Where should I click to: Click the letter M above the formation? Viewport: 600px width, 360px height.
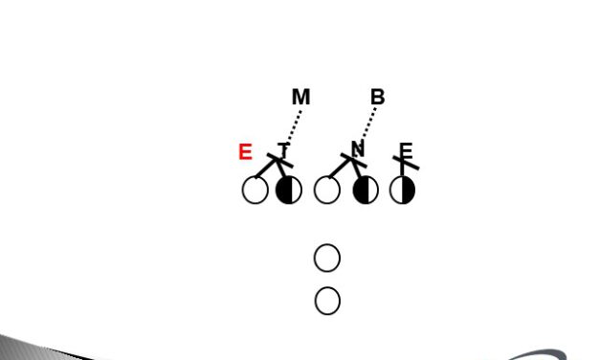(300, 97)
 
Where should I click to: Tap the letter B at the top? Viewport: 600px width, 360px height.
(377, 97)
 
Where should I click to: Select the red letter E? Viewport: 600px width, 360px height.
(245, 152)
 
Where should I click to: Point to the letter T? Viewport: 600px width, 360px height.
(283, 149)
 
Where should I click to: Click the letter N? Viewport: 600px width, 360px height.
(357, 148)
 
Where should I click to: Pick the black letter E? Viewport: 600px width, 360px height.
(406, 150)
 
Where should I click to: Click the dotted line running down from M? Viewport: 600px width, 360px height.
(295, 125)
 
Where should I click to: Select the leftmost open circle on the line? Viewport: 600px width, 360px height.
(256, 190)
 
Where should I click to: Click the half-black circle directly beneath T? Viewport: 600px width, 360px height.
(289, 190)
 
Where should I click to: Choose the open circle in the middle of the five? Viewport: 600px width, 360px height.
(327, 190)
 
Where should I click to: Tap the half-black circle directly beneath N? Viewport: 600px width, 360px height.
(366, 190)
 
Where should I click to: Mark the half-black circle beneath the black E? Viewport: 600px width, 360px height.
(403, 190)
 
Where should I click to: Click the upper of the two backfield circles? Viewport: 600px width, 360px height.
(327, 258)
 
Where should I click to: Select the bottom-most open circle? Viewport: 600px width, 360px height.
(327, 301)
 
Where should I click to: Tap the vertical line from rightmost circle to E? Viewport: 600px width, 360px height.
(403, 169)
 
